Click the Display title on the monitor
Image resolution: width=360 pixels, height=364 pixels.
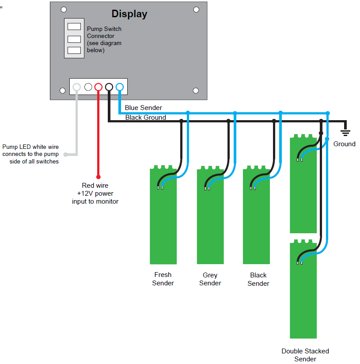coord(129,14)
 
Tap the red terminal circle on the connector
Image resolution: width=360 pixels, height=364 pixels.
coord(99,87)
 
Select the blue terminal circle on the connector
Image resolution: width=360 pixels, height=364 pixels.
coord(119,87)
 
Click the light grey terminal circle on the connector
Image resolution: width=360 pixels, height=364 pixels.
coord(77,87)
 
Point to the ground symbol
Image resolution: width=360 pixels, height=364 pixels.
coord(346,131)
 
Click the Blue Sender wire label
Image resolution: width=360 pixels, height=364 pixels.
coord(143,108)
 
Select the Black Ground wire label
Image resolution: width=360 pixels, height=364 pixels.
coord(145,118)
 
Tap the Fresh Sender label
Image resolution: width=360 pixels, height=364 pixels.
coord(163,279)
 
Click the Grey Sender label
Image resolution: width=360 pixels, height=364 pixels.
coord(210,279)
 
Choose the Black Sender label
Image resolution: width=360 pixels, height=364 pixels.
coord(258,279)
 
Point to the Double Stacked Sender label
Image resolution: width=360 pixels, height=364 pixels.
coord(305,355)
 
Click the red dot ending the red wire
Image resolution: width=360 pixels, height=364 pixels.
coord(99,176)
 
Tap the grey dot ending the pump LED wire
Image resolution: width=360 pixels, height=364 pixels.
coord(66,155)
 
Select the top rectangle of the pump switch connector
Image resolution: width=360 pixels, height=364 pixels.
coord(74,27)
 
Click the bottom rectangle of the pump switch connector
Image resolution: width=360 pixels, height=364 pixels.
coord(74,50)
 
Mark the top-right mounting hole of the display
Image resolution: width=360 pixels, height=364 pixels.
coord(196,9)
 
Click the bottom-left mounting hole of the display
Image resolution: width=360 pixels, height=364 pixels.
coord(63,91)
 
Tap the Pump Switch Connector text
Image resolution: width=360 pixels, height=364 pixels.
coord(104,39)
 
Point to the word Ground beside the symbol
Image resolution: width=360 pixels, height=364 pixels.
coord(344,144)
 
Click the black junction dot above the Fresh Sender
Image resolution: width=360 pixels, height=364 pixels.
coord(181,121)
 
